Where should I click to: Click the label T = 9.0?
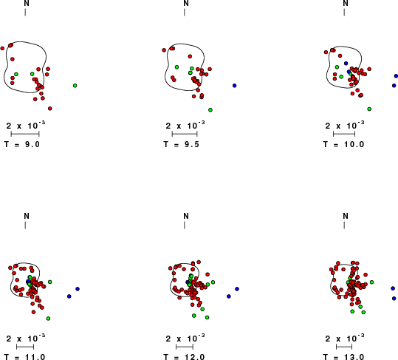[x=22, y=144]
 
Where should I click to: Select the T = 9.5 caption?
[x=181, y=144]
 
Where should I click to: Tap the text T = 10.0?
[x=343, y=144]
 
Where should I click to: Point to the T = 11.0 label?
[x=24, y=357]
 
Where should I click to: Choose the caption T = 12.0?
[x=184, y=357]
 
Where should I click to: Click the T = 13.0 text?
[x=343, y=357]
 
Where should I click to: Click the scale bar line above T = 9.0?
[x=25, y=134]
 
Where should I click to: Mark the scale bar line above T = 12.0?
[x=185, y=346]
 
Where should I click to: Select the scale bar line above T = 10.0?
[x=344, y=134]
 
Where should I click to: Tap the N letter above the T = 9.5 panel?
[x=186, y=3]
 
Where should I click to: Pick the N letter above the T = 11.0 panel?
[x=27, y=216]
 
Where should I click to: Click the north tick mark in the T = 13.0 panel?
[x=344, y=225]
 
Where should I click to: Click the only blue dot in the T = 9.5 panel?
[x=234, y=86]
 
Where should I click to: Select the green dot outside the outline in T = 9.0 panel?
[x=75, y=86]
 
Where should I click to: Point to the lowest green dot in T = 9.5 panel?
[x=210, y=110]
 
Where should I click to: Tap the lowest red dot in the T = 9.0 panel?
[x=50, y=109]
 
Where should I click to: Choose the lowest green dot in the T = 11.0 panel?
[x=48, y=319]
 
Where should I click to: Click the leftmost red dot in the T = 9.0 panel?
[x=2, y=48]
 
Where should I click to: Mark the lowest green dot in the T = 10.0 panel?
[x=369, y=109]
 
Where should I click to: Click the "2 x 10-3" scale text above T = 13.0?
[x=345, y=338]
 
